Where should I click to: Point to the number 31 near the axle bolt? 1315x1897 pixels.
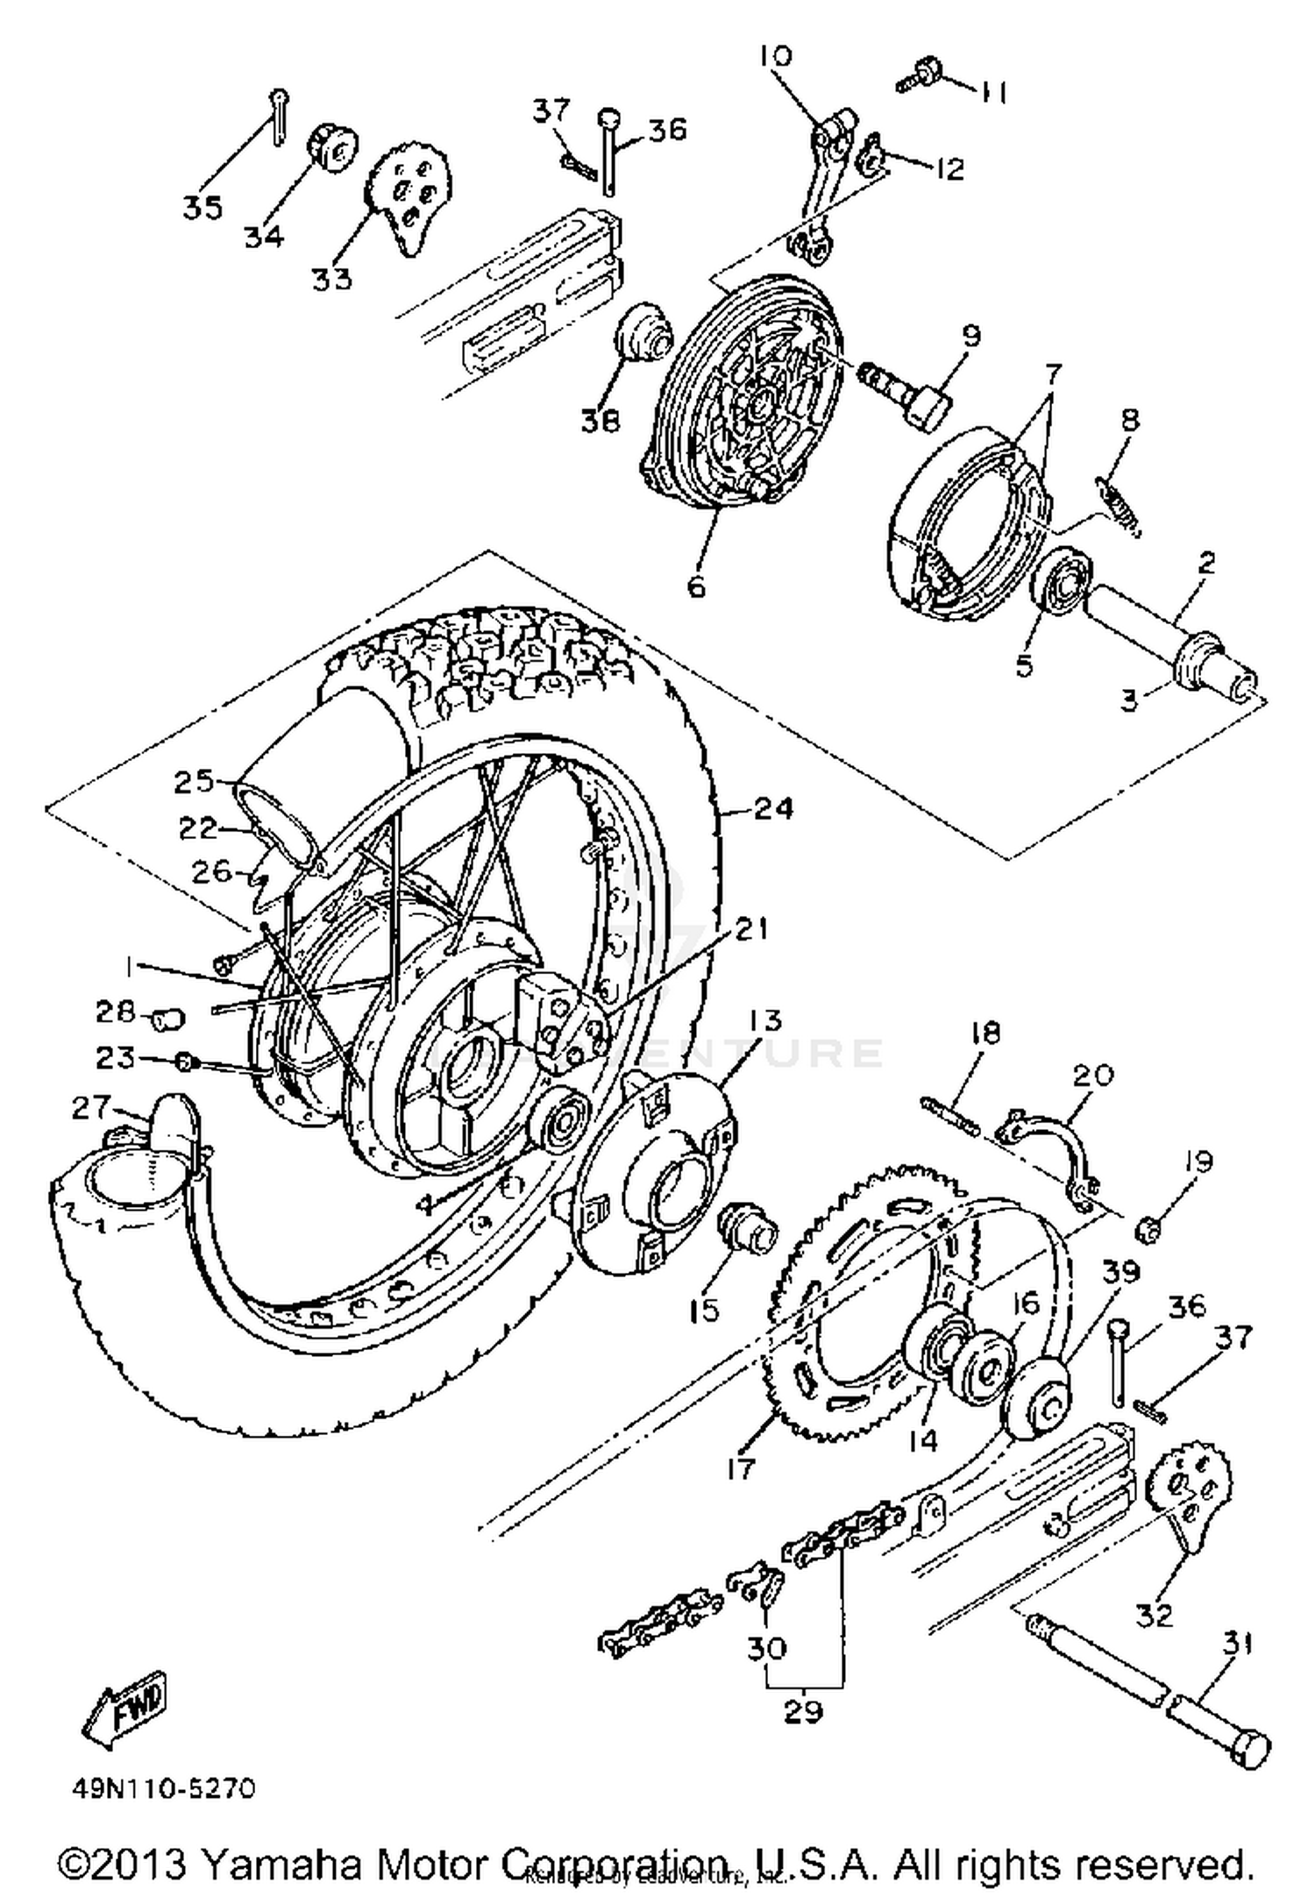(1237, 1645)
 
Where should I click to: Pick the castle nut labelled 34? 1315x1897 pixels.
(332, 149)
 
